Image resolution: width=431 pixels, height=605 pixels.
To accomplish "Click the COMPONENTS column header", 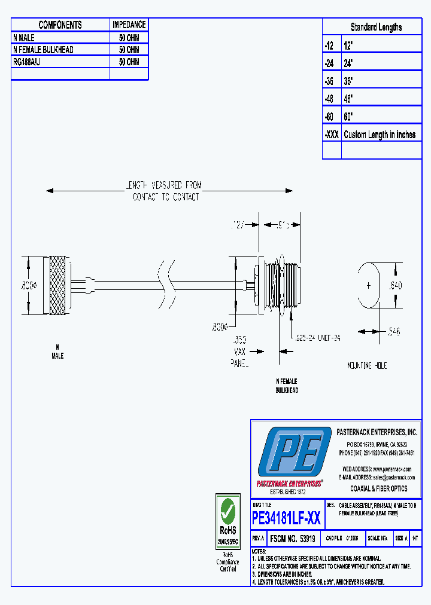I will (x=60, y=25).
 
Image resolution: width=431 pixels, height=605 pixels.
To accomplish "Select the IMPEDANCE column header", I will (x=129, y=25).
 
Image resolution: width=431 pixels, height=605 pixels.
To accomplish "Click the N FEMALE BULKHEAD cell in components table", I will (x=43, y=50).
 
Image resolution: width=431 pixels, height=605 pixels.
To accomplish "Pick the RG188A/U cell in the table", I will (x=30, y=62).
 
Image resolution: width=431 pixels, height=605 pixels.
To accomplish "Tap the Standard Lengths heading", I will (x=376, y=27).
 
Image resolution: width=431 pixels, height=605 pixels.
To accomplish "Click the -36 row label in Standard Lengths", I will (x=331, y=81).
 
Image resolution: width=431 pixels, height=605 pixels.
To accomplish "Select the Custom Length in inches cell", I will (x=380, y=135).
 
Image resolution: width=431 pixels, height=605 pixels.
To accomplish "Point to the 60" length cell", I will (x=349, y=117).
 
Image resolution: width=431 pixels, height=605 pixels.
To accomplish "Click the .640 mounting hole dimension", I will (x=395, y=286).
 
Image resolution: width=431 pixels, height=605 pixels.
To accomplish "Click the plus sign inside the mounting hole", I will (x=368, y=286).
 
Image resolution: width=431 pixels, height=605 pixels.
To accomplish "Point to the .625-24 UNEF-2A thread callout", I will (x=317, y=338).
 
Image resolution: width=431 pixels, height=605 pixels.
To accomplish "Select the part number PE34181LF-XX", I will (x=286, y=518).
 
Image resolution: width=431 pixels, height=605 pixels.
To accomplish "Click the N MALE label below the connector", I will (x=57, y=352).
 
